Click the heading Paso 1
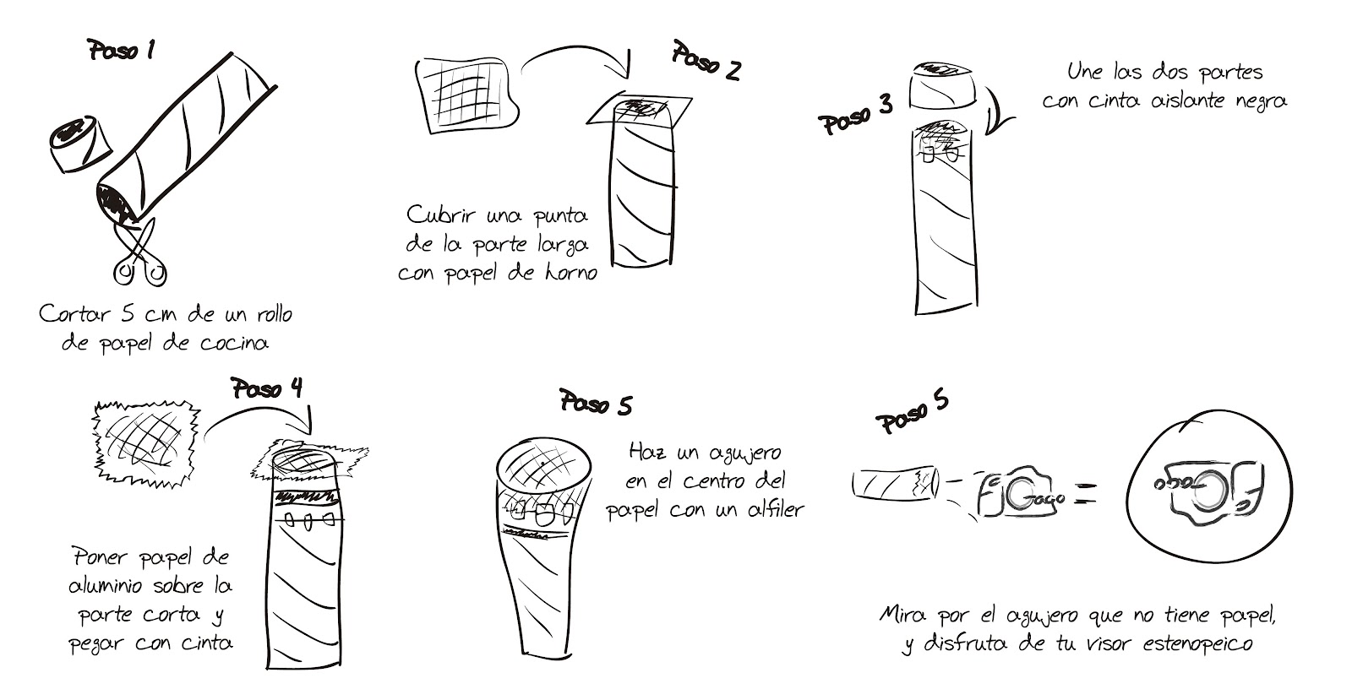pyautogui.click(x=121, y=51)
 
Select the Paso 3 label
pyautogui.click(x=855, y=116)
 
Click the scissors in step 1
pyautogui.click(x=140, y=253)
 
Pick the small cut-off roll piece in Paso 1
pyautogui.click(x=80, y=144)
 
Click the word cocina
pyautogui.click(x=234, y=344)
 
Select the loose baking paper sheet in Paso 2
pyautogui.click(x=466, y=95)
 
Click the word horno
pyautogui.click(x=571, y=274)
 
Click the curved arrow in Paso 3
pyautogui.click(x=998, y=111)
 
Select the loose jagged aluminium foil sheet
pyautogui.click(x=145, y=443)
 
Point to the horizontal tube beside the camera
pyautogui.click(x=896, y=483)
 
